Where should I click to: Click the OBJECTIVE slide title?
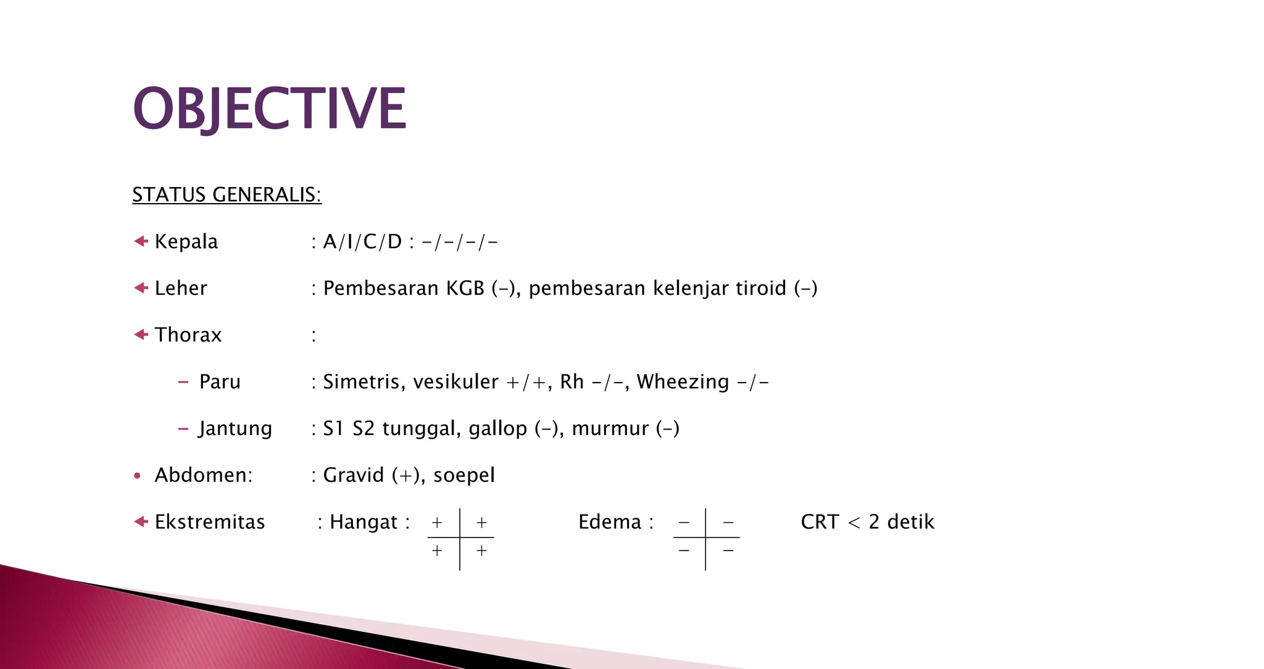(x=270, y=109)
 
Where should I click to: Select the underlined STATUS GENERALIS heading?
(x=227, y=195)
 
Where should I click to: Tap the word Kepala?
(x=186, y=242)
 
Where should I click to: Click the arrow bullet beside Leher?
(x=141, y=288)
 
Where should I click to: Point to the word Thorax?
(x=188, y=335)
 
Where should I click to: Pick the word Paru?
(x=220, y=382)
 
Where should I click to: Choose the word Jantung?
(x=235, y=429)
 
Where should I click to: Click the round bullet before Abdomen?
(x=138, y=476)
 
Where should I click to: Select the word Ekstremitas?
(x=210, y=522)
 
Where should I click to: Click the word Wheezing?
(x=683, y=382)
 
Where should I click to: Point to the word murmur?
(x=610, y=429)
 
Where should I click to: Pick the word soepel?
(x=464, y=476)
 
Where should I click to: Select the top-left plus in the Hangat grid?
(x=437, y=523)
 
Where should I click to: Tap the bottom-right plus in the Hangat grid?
(x=481, y=551)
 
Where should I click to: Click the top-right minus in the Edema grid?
(x=728, y=523)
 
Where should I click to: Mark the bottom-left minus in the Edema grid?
(x=684, y=551)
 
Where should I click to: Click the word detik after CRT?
(x=910, y=522)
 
